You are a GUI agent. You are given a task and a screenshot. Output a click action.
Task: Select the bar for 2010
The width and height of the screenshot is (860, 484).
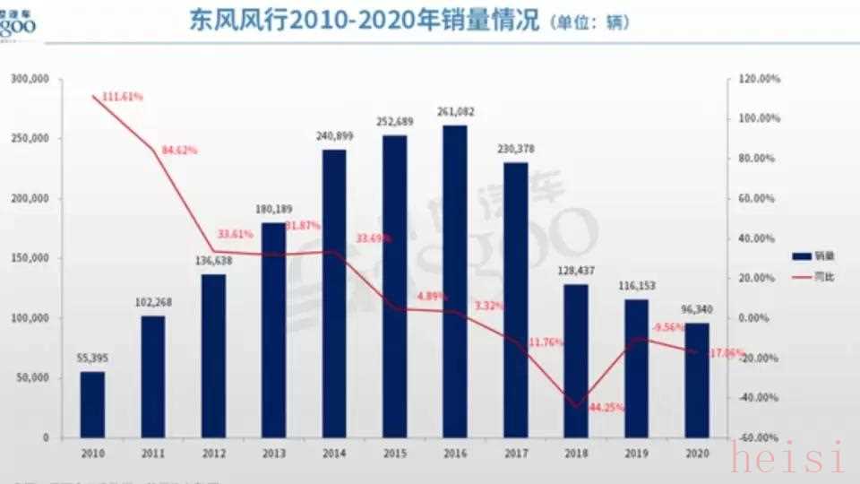point(92,404)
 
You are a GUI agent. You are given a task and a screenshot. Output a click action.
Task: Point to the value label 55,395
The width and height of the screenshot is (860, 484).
point(92,359)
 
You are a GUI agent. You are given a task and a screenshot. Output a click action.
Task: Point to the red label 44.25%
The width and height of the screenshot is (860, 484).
point(606,408)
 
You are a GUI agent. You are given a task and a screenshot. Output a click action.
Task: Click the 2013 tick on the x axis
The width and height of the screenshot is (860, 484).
point(273,452)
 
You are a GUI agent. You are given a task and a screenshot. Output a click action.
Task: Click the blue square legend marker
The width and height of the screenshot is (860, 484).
point(802,256)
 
